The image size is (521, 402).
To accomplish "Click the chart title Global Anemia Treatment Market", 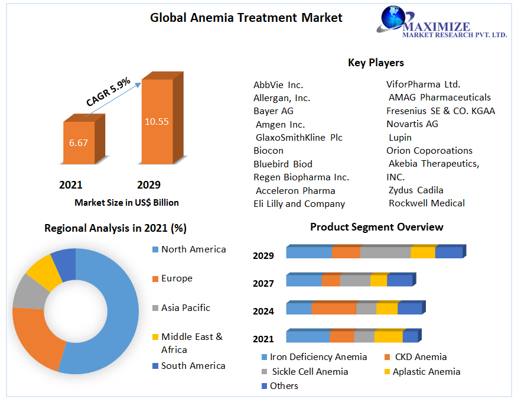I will point(246,18).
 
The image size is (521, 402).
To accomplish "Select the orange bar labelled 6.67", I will point(79,142).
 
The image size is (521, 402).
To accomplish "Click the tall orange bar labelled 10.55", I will point(157,121).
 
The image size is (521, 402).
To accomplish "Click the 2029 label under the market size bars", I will point(149,185).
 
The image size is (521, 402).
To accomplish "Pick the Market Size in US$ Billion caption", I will point(126,202).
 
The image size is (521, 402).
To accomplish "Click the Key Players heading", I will point(376,63).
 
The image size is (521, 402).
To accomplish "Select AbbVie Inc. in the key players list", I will point(278,85).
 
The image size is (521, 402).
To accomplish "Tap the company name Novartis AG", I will point(412,124).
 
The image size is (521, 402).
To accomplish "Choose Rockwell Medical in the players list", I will point(426,203).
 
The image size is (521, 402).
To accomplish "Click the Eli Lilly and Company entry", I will point(299,204).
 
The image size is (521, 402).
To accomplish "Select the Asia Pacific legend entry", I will point(185,308).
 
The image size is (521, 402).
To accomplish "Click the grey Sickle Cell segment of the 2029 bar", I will point(385,252).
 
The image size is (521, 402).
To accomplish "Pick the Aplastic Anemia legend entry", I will point(426,372).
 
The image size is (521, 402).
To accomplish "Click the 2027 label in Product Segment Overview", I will point(263,284).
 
